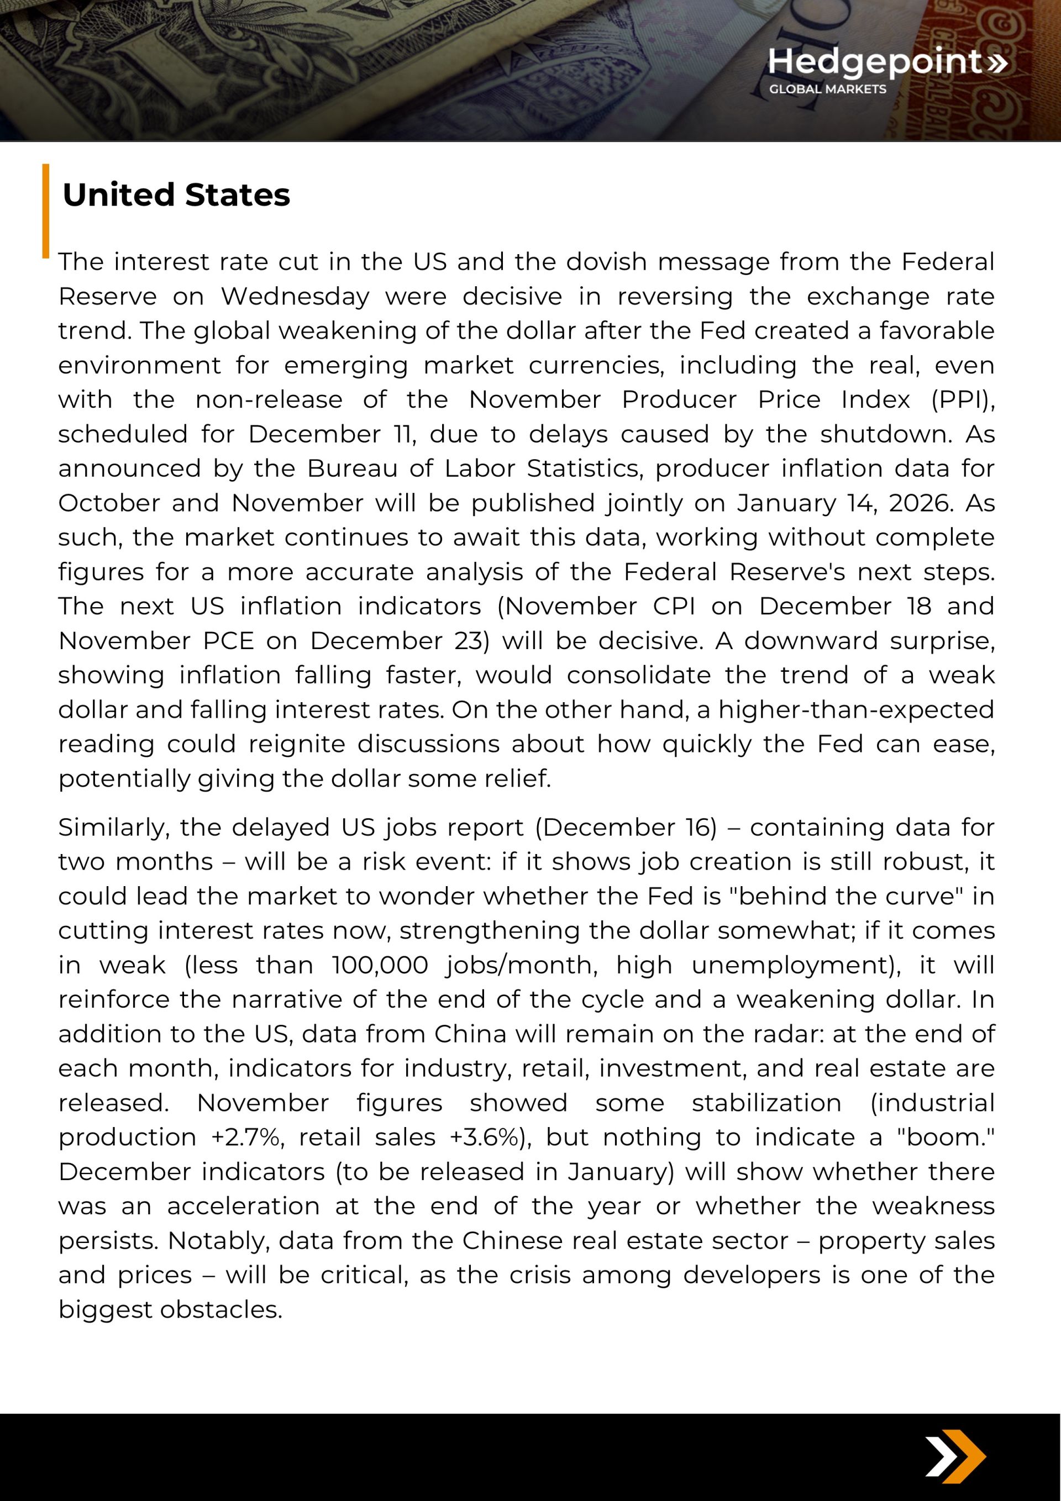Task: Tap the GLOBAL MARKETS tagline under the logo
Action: pyautogui.click(x=827, y=89)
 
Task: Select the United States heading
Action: pyautogui.click(x=176, y=195)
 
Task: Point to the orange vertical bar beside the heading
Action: pyautogui.click(x=46, y=210)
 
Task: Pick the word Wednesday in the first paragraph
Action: pyautogui.click(x=295, y=296)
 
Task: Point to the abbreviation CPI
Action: pyautogui.click(x=674, y=606)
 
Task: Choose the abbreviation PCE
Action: pyautogui.click(x=228, y=641)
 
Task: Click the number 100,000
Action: pyautogui.click(x=380, y=965)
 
